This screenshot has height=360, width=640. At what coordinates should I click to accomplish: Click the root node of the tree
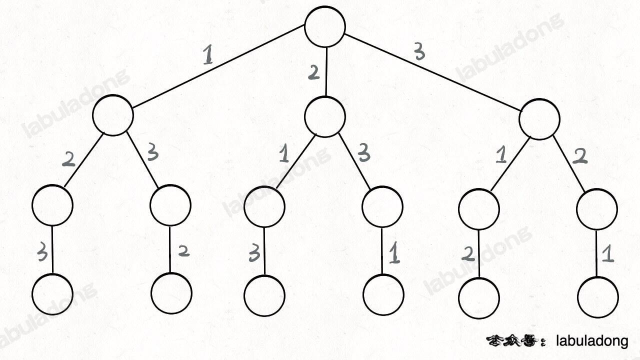click(325, 27)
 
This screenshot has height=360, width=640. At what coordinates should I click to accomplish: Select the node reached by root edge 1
click(113, 115)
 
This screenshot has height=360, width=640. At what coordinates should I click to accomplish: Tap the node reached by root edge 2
click(325, 116)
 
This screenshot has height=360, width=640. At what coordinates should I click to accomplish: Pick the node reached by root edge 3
click(539, 119)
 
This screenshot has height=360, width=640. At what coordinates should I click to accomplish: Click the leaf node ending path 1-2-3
click(52, 294)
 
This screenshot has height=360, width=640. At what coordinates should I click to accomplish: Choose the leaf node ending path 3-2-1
click(597, 296)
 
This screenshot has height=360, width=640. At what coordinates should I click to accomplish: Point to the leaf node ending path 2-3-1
click(383, 294)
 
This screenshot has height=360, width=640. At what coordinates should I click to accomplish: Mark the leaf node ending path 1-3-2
click(171, 293)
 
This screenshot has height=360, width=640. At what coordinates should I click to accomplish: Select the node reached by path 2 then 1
click(264, 205)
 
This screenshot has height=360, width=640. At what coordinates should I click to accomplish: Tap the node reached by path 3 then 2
click(596, 209)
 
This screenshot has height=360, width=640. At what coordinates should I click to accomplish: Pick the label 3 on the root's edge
click(419, 52)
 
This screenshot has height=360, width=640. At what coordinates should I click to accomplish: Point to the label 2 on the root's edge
click(313, 73)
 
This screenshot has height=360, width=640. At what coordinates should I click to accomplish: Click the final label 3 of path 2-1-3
click(254, 254)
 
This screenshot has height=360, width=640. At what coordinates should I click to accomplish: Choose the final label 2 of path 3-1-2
click(468, 254)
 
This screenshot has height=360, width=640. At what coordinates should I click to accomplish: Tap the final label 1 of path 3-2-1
click(607, 254)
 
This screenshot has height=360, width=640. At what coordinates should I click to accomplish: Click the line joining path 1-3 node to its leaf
click(170, 249)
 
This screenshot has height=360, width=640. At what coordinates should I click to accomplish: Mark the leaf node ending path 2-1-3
click(264, 295)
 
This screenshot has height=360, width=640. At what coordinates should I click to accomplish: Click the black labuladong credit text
click(592, 341)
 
